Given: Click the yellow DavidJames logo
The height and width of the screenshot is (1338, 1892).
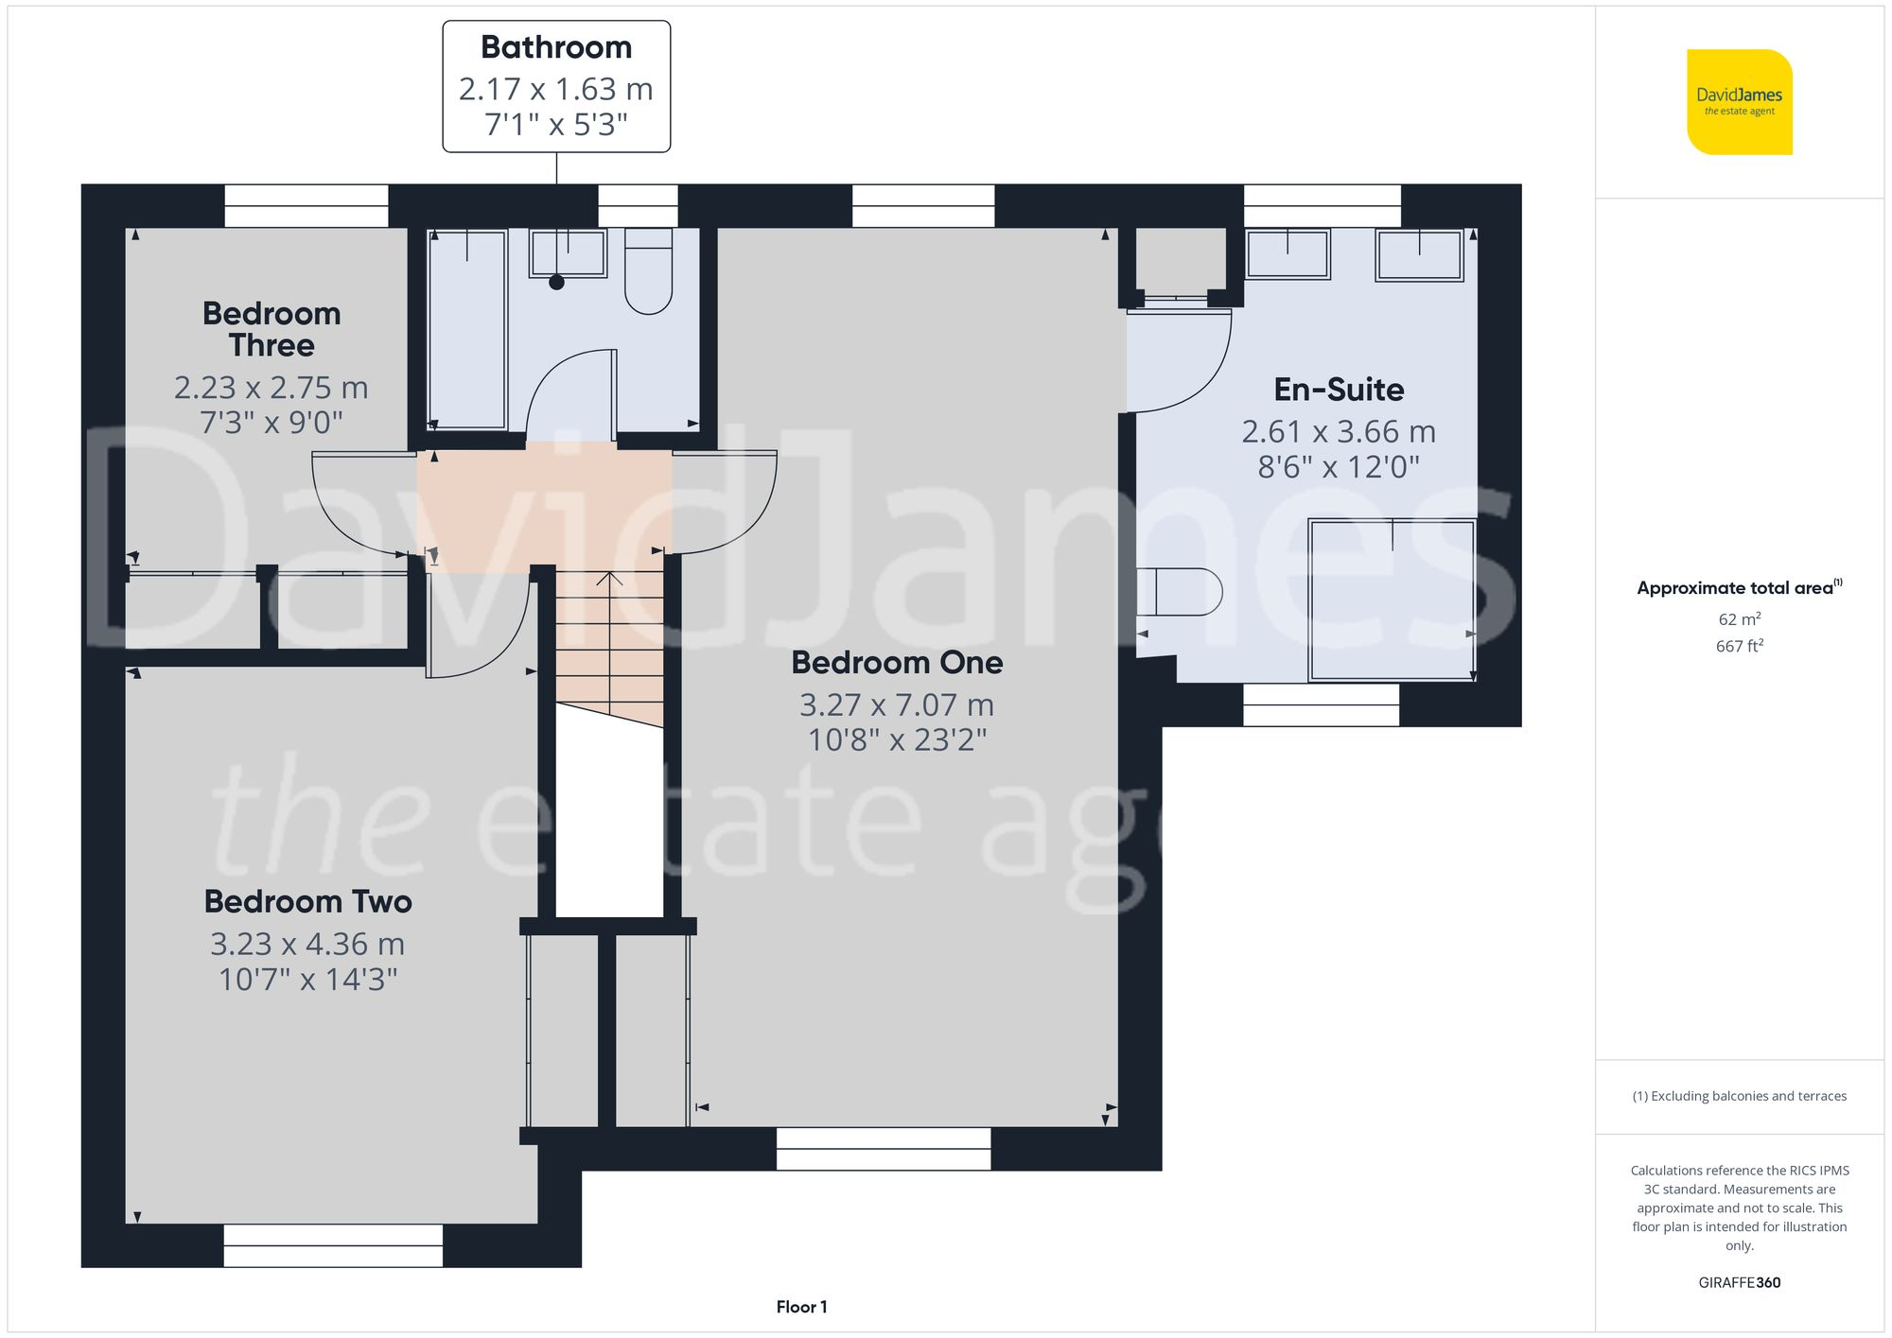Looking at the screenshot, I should click(x=1739, y=102).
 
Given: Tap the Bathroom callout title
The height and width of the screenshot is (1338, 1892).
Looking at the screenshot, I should click(x=556, y=47).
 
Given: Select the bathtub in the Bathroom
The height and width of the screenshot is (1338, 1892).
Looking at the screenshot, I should click(x=467, y=328).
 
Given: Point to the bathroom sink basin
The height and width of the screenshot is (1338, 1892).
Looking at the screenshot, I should click(x=568, y=253).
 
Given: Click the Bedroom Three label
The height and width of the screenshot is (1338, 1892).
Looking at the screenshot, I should click(x=272, y=329).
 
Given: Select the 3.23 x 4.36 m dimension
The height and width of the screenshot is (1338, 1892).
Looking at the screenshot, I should click(x=307, y=944).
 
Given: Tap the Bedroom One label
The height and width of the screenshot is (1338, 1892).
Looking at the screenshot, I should click(x=897, y=663).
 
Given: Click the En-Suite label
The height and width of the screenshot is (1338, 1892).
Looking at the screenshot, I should click(x=1339, y=390).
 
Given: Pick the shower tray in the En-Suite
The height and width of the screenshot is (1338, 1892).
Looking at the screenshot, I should click(x=1391, y=599).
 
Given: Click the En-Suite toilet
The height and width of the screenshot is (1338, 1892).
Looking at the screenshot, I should click(x=1181, y=592).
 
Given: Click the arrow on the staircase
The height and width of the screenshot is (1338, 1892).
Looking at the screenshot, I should click(x=610, y=579).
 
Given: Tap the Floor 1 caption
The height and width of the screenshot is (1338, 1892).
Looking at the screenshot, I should click(x=801, y=1307).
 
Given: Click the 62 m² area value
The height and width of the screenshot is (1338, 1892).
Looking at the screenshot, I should click(x=1739, y=619).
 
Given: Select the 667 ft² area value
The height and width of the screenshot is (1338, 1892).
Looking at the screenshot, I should click(x=1739, y=646).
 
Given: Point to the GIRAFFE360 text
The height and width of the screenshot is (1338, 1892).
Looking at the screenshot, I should click(x=1739, y=1283).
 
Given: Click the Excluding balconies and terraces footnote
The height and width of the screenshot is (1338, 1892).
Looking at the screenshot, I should click(x=1739, y=1096).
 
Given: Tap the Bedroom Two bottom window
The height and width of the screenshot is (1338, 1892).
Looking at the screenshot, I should click(x=333, y=1245).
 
